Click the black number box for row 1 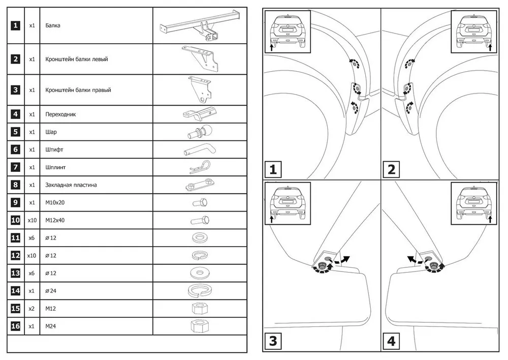(x=16, y=25)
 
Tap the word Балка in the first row (x=53, y=25)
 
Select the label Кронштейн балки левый (x=76, y=59)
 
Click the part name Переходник (x=60, y=114)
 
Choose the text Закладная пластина (x=71, y=185)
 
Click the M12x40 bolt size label (x=55, y=220)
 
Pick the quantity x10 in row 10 (x=31, y=220)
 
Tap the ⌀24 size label (x=51, y=291)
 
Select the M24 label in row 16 (x=50, y=326)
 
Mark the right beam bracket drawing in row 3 (x=201, y=89)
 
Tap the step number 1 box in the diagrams (x=273, y=169)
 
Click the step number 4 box (x=391, y=341)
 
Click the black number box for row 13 (x=16, y=273)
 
